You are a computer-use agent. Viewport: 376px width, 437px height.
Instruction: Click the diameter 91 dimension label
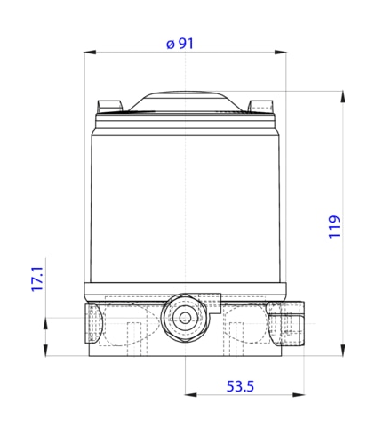point(180,44)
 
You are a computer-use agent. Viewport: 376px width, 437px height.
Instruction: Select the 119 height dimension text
point(334,227)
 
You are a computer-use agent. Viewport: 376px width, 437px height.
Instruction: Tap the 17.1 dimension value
point(37,279)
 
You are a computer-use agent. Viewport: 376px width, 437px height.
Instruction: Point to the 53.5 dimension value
point(240,386)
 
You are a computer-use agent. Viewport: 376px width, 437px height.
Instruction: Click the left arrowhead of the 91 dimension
point(90,53)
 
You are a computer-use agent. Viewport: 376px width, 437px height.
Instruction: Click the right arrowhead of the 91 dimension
point(280,53)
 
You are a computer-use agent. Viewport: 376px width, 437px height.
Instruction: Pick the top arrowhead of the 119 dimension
point(343,97)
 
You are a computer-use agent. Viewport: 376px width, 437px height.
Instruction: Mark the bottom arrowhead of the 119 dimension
point(343,350)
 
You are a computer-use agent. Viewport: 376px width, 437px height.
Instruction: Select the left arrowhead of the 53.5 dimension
point(191,395)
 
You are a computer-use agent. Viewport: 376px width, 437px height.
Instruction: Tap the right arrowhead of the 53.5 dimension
point(299,395)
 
